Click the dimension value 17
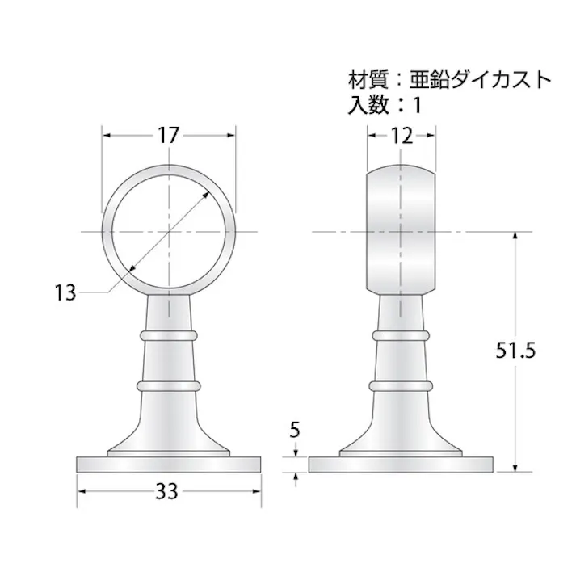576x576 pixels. click(168, 136)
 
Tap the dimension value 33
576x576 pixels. click(169, 491)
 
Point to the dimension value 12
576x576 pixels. click(402, 136)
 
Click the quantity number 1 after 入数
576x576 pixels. click(418, 104)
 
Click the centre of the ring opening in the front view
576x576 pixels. click(169, 232)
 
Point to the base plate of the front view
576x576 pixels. click(169, 465)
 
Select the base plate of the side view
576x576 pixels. click(402, 465)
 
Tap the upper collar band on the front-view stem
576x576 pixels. click(169, 333)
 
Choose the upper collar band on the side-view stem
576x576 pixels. click(402, 333)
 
